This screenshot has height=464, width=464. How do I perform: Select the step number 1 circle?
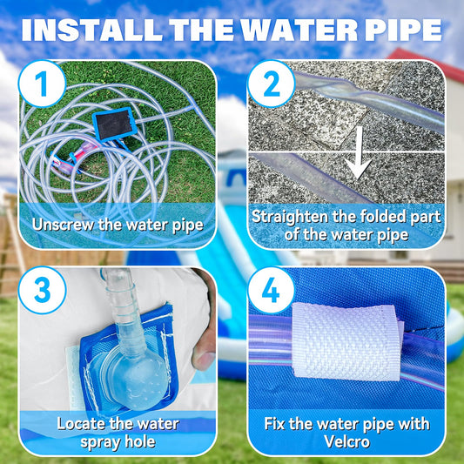click(42, 84)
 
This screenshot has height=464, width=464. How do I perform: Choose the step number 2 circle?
click(271, 84)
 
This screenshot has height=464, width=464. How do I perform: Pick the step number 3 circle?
click(42, 290)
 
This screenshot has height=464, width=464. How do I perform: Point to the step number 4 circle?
click(271, 290)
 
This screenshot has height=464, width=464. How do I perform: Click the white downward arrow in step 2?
click(359, 153)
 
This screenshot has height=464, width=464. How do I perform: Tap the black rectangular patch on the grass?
click(115, 124)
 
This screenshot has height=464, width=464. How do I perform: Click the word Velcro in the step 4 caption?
click(346, 442)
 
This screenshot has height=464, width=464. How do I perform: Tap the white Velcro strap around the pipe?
click(347, 342)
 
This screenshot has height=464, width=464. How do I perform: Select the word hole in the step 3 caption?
click(140, 442)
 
